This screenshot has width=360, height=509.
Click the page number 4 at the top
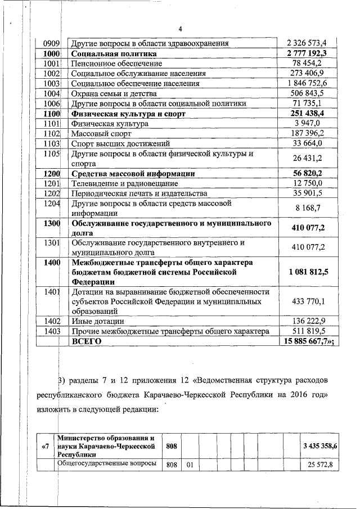pyautogui.click(x=181, y=29)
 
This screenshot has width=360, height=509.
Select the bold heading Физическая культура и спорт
pyautogui.click(x=128, y=113)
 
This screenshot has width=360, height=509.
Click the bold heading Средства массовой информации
pyautogui.click(x=133, y=173)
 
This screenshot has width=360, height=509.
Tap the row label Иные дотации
pyautogui.click(x=92, y=321)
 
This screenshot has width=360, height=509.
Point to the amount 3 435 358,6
pyautogui.click(x=319, y=445)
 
